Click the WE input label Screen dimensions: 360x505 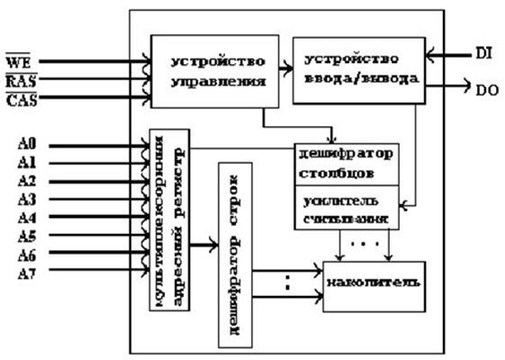point(18,64)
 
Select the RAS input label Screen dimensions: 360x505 point(19,81)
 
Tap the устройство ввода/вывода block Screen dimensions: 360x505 point(358,72)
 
